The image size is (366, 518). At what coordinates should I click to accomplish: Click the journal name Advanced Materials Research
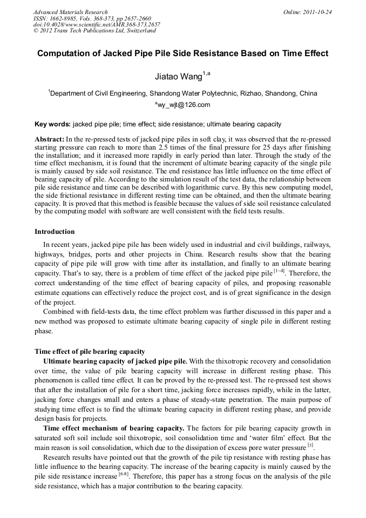click(70, 12)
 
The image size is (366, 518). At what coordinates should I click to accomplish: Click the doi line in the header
click(97, 24)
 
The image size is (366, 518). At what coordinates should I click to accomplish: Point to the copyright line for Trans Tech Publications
click(94, 31)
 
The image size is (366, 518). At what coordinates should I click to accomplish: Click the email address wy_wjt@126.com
click(184, 105)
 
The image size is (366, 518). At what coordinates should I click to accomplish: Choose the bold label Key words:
click(52, 124)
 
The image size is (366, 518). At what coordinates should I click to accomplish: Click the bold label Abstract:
click(50, 139)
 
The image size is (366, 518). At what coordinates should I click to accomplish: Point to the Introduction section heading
click(55, 232)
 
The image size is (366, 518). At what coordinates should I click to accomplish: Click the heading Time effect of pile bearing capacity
click(90, 351)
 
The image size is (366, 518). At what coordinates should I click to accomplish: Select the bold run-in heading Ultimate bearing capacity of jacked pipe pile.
click(115, 361)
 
